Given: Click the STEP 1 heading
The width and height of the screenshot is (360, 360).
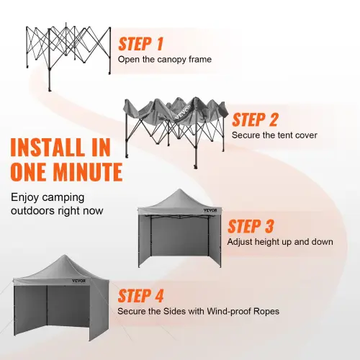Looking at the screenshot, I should tap(140, 44).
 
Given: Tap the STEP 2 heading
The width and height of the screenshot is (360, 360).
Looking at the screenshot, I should tap(256, 119).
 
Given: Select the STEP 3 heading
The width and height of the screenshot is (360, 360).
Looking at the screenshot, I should tap(251, 226).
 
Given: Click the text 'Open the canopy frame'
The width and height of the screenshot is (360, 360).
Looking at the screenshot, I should tap(165, 60).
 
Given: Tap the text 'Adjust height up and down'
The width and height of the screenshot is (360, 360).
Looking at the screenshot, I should tap(280, 242).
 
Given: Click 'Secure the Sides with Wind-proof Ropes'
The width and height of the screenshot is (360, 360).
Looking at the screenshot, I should tap(199, 312).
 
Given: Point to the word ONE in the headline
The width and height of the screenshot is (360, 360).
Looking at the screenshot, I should tap(27, 173).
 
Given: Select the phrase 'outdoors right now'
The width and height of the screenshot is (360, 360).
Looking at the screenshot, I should tap(57, 211).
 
